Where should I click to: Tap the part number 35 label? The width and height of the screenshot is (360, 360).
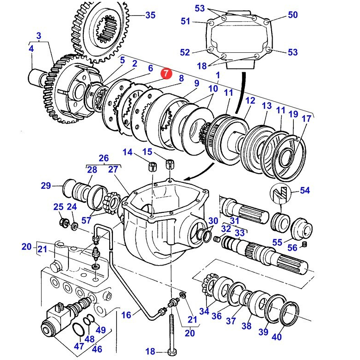[150, 15]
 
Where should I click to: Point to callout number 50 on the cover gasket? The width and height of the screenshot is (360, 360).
[292, 15]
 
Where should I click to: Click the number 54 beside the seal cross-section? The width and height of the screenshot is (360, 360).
[305, 190]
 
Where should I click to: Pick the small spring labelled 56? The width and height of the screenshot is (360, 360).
[304, 244]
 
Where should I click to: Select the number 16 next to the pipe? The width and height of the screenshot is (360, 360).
[126, 315]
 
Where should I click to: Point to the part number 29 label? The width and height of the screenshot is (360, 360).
[45, 186]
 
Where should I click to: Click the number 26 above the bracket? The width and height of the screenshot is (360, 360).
[104, 158]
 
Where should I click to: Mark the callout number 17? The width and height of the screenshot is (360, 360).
[306, 119]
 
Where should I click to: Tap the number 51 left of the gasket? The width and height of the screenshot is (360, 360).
[185, 21]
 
